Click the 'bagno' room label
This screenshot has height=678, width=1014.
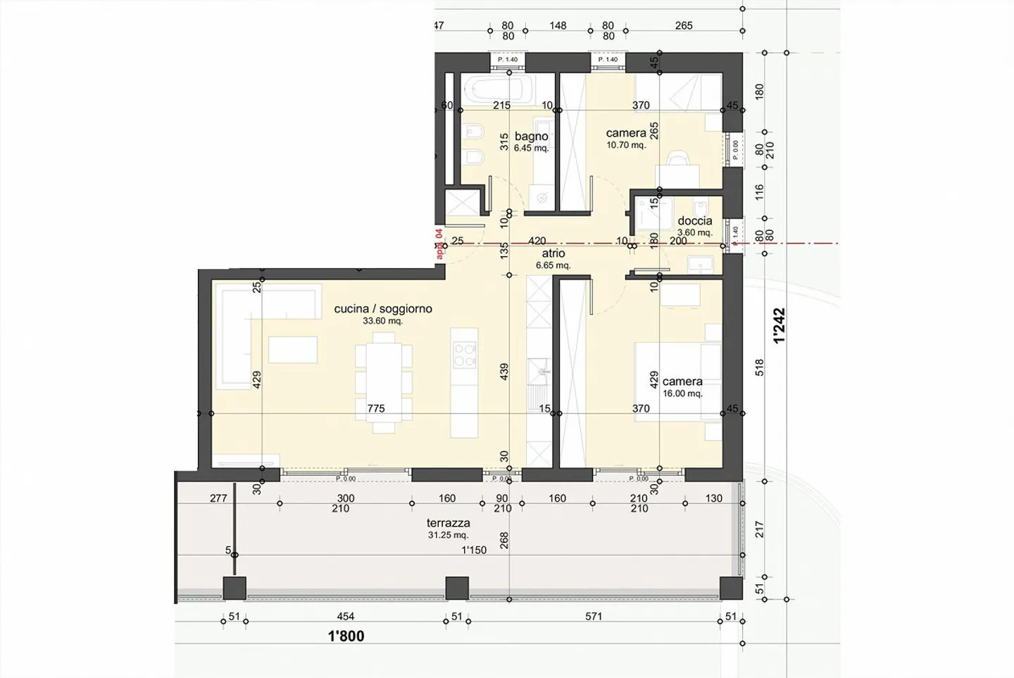[531, 136]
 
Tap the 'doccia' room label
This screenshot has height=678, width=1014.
[694, 220]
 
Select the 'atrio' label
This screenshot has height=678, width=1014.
[553, 253]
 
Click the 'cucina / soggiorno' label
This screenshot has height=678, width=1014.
[383, 308]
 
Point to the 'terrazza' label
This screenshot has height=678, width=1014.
[448, 523]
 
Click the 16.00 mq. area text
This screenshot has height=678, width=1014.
[682, 394]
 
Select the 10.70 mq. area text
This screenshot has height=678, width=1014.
[626, 145]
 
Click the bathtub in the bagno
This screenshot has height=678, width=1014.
[497, 90]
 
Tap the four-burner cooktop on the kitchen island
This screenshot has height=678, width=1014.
[465, 354]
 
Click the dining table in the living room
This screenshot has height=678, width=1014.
[383, 381]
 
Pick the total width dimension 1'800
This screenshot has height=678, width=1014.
[346, 636]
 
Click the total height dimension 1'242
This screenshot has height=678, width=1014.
[779, 326]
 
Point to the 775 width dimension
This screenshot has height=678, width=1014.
[376, 408]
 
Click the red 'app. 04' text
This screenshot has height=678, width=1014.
[439, 244]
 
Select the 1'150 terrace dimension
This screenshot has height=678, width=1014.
[473, 550]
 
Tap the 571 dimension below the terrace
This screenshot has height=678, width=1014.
[594, 617]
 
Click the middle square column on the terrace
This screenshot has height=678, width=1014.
[457, 587]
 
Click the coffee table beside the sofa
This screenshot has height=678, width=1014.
[293, 350]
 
